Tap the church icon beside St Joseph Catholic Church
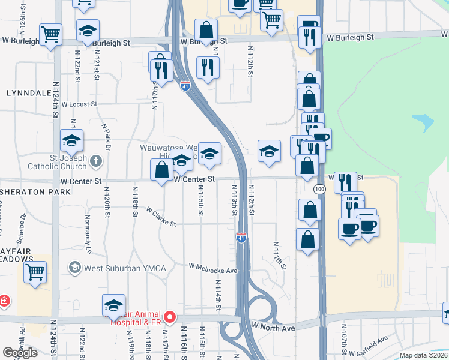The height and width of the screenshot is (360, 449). point(97,161)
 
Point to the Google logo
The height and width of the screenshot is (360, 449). point(20,353)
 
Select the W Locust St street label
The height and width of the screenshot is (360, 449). point(79,104)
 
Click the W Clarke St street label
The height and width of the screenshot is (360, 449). point(161,217)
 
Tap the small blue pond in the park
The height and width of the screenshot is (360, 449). point(424,123)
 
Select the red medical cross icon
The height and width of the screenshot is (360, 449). point(4,300)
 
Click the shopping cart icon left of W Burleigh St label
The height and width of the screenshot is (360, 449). point(51,34)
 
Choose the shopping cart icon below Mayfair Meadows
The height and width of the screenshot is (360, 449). point(35,271)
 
